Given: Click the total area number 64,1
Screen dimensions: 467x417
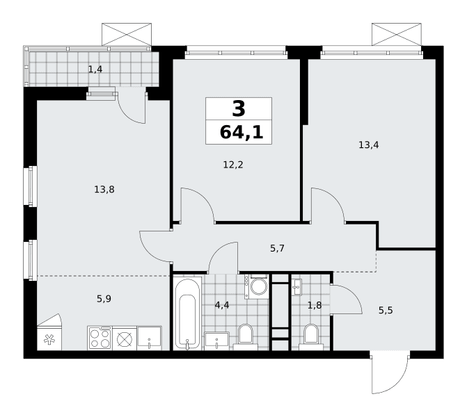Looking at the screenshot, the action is [242, 132].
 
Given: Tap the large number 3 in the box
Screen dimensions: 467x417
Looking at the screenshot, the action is [239, 108].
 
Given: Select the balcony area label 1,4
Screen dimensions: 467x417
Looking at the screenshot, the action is [95, 69].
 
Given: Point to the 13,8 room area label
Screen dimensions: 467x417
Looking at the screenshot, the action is [104, 189].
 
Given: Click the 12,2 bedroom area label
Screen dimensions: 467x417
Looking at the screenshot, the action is [233, 165].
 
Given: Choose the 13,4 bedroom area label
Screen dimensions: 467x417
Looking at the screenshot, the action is [369, 145].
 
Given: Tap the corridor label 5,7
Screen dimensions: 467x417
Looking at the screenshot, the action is [277, 248].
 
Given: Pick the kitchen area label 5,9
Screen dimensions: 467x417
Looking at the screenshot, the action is [104, 298].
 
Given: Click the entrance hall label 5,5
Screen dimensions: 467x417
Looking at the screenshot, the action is [386, 311].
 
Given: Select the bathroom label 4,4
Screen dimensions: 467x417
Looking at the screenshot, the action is [222, 305].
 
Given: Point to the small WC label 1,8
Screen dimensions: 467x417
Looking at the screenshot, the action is [315, 305].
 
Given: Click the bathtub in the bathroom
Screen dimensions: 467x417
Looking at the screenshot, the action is [187, 313].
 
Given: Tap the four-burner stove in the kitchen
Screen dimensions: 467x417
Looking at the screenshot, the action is [100, 338].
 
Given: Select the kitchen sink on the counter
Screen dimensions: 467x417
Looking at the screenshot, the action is [149, 338].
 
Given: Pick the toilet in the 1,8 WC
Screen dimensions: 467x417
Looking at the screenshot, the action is [311, 337].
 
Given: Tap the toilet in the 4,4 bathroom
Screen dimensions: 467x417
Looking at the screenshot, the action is [246, 337].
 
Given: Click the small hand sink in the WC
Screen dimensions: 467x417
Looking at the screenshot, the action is [296, 287].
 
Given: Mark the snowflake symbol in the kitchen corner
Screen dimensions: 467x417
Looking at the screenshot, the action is [49, 339].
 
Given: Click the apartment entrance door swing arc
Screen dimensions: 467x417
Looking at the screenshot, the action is [399, 384].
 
